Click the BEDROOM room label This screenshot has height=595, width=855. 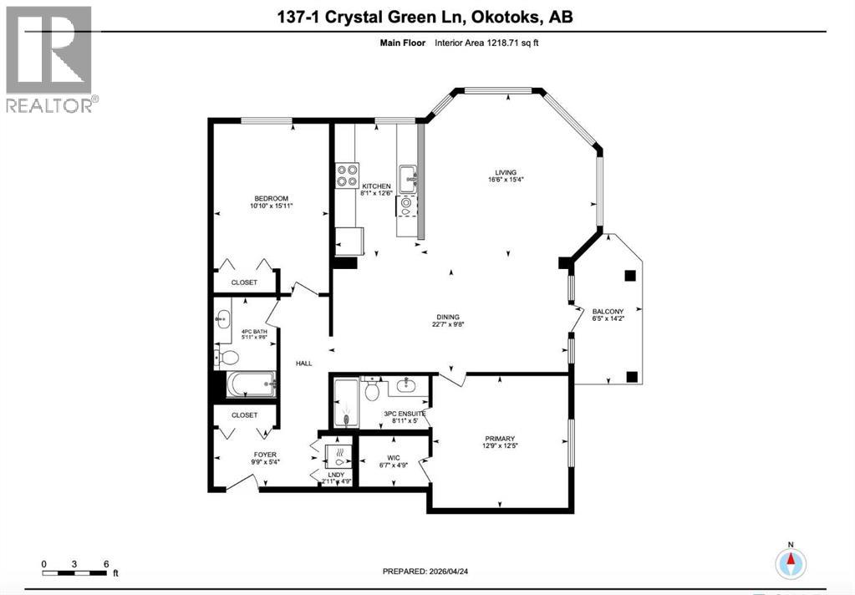coord(272,198)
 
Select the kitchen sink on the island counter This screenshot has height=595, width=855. coord(409,176)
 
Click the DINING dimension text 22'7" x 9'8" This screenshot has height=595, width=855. coord(449,325)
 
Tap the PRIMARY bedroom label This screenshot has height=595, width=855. coord(500,438)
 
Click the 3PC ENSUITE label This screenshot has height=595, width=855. coord(405,414)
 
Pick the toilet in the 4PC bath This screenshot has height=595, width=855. coord(228,358)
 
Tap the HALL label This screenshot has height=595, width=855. coord(303,363)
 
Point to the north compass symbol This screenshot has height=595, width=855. coord(790,562)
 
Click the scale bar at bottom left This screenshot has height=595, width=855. coord(75,572)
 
